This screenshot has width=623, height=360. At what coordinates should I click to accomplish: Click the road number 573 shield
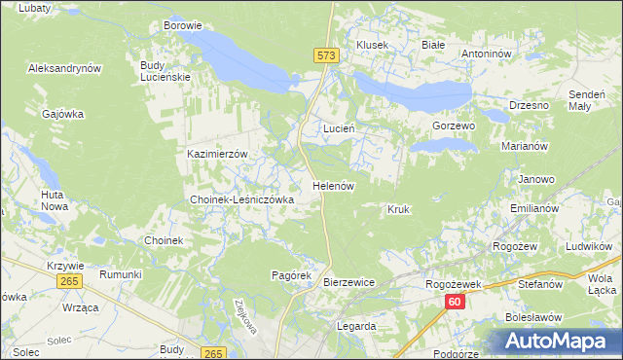pyautogui.click(x=326, y=57)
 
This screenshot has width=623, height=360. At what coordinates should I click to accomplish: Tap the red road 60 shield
pyautogui.click(x=455, y=304)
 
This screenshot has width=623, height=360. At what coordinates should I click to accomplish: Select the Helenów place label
pyautogui.click(x=332, y=185)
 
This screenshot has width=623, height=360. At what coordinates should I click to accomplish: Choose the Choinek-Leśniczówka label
pyautogui.click(x=241, y=199)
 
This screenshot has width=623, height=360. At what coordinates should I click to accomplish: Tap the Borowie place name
pyautogui.click(x=183, y=25)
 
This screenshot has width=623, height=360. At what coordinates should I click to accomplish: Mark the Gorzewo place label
pyautogui.click(x=453, y=126)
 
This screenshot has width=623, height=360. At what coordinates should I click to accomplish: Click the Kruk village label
pyautogui.click(x=397, y=209)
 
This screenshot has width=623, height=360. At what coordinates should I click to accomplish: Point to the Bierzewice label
pyautogui.click(x=348, y=282)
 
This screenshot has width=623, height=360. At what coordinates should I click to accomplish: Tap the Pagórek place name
pyautogui.click(x=290, y=275)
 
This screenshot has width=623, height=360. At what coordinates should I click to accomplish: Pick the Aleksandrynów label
pyautogui.click(x=65, y=69)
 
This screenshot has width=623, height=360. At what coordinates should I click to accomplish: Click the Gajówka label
pyautogui.click(x=63, y=114)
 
